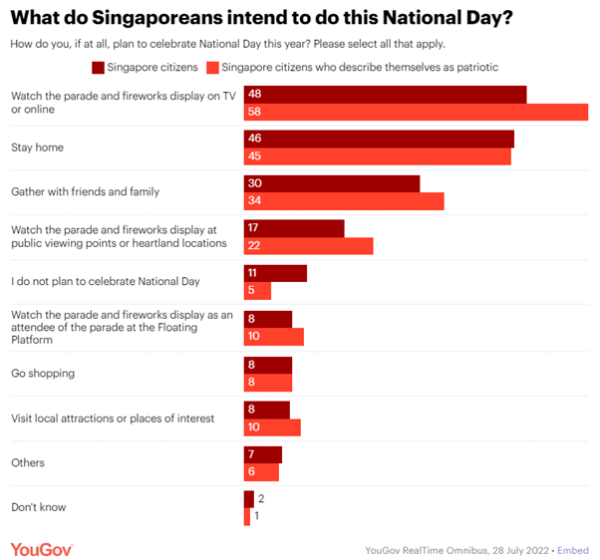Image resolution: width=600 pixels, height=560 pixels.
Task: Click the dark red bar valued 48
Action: pyautogui.click(x=385, y=95)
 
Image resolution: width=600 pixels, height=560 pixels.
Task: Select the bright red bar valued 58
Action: pyautogui.click(x=416, y=113)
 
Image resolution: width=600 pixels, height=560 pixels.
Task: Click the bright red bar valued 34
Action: pyautogui.click(x=344, y=202)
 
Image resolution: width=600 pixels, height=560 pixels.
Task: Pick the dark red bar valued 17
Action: pyautogui.click(x=294, y=229)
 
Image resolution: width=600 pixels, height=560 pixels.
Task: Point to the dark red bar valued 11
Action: pyautogui.click(x=275, y=273)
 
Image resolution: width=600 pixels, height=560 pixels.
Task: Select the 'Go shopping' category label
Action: pyautogui.click(x=43, y=373)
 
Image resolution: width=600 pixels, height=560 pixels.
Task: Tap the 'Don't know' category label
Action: pyautogui.click(x=38, y=507)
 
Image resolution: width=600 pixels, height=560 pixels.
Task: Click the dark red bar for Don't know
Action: pyautogui.click(x=248, y=498)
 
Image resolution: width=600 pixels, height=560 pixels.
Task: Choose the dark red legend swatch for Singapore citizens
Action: pyautogui.click(x=99, y=68)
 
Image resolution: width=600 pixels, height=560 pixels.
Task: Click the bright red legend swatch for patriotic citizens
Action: pyautogui.click(x=210, y=68)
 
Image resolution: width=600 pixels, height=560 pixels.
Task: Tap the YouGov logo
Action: pyautogui.click(x=41, y=549)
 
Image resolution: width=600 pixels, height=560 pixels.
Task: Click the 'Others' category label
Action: pyautogui.click(x=27, y=462)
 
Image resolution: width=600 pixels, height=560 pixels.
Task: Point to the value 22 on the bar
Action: pyautogui.click(x=253, y=246)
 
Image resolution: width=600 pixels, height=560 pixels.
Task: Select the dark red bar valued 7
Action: pyautogui.click(x=263, y=453)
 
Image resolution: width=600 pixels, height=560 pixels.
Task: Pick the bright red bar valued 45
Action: pyautogui.click(x=378, y=156)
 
